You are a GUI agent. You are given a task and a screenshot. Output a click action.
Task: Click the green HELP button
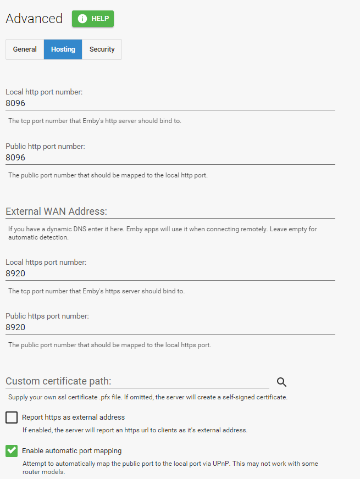[92, 19]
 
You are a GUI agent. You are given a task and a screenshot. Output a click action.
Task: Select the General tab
[25, 49]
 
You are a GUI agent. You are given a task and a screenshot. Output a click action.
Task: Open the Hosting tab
[63, 49]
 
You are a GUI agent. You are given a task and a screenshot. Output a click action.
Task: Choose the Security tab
[102, 49]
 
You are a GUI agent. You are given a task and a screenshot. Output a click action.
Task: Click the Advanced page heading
[34, 19]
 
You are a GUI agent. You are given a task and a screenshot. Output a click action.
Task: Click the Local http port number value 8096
[15, 103]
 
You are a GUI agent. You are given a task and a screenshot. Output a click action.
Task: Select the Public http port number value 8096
[15, 157]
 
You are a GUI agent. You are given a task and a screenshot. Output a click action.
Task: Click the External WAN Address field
[170, 211]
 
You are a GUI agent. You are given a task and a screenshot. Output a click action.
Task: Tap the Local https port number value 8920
[15, 273]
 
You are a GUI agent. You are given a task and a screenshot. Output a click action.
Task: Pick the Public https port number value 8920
[15, 327]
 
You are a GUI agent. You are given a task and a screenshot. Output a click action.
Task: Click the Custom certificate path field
[137, 381]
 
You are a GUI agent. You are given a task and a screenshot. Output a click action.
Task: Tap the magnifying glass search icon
[282, 382]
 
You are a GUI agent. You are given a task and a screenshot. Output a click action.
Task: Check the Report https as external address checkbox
[12, 417]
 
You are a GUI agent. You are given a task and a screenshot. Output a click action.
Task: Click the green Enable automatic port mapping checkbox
[12, 451]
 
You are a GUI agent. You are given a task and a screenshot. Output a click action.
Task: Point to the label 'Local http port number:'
[44, 92]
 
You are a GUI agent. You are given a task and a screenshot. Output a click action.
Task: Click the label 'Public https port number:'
[47, 316]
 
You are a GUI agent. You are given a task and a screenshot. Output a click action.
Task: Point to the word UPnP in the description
[219, 464]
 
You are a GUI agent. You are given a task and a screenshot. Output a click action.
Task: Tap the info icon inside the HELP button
[82, 19]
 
